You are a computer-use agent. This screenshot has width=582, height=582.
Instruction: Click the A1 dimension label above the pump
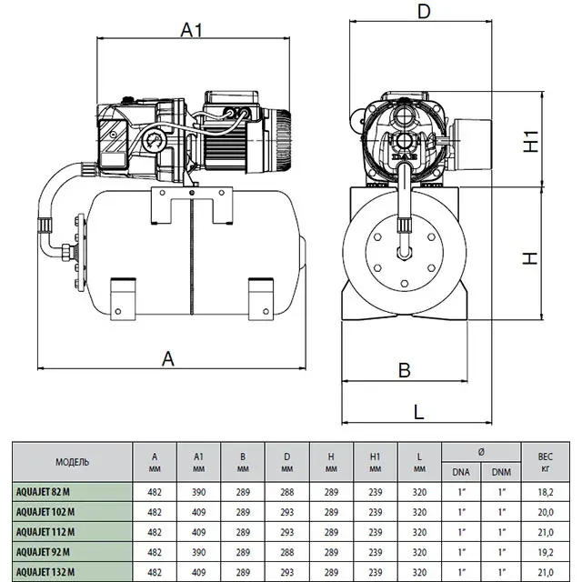192,30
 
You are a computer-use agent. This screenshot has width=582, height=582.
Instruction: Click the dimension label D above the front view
424,11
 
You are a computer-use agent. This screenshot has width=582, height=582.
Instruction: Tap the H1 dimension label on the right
531,141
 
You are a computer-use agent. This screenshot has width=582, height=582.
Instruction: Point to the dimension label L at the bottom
418,412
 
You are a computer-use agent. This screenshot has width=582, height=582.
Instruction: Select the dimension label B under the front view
404,370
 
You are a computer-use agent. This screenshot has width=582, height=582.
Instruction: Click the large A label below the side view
168,359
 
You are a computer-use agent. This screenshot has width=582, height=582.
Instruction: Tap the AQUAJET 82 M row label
43,492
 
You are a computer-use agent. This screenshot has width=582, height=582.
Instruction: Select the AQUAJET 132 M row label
45,572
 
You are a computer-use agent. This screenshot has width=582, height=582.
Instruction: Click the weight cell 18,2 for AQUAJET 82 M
546,492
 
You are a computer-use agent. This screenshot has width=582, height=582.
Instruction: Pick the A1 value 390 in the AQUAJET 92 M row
198,552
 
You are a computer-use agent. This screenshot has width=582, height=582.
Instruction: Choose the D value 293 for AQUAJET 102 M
287,512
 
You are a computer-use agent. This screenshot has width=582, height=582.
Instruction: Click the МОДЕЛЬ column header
73,462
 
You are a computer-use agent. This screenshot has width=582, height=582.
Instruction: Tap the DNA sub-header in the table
461,472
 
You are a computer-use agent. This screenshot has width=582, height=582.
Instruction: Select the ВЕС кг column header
546,462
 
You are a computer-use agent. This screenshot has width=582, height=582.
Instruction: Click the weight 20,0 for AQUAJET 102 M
546,512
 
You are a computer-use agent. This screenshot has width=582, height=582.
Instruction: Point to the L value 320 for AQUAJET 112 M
419,532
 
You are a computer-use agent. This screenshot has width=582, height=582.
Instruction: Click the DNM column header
501,472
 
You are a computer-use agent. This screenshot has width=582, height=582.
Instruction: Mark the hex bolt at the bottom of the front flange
405,284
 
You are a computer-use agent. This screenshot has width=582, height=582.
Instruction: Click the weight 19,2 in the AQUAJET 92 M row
546,552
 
